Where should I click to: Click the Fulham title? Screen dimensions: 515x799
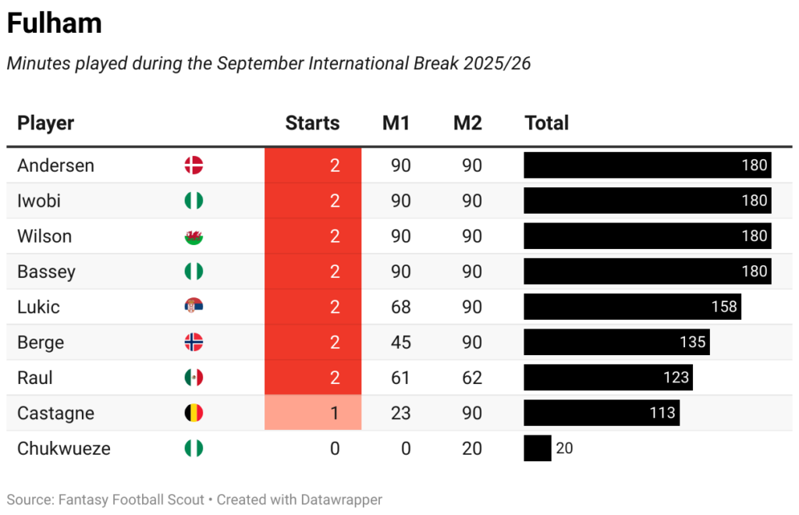pyautogui.click(x=54, y=23)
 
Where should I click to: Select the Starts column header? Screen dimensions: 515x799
pyautogui.click(x=312, y=123)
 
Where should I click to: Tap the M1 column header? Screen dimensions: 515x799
pyautogui.click(x=396, y=123)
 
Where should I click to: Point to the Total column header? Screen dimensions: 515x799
pyautogui.click(x=546, y=123)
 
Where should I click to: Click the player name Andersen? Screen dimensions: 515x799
pyautogui.click(x=55, y=165)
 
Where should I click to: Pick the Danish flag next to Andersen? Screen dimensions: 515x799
pyautogui.click(x=194, y=165)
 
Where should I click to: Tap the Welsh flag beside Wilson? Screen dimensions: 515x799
pyautogui.click(x=194, y=236)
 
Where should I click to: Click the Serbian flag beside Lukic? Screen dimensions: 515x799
pyautogui.click(x=194, y=307)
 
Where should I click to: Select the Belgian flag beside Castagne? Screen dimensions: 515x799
pyautogui.click(x=194, y=413)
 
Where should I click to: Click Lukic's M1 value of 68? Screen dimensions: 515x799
pyautogui.click(x=400, y=307)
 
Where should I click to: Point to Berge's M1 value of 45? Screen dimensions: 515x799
pyautogui.click(x=400, y=343)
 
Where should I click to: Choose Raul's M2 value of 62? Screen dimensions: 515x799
pyautogui.click(x=471, y=378)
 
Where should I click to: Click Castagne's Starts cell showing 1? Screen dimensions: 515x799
pyautogui.click(x=313, y=413)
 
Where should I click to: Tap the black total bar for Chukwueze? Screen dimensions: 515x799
pyautogui.click(x=537, y=449)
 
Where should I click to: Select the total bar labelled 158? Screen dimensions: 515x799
pyautogui.click(x=632, y=307)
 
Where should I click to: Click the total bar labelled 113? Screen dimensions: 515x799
pyautogui.click(x=601, y=413)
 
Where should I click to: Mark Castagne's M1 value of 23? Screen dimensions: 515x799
pyautogui.click(x=400, y=413)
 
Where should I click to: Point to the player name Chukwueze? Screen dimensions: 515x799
pyautogui.click(x=64, y=449)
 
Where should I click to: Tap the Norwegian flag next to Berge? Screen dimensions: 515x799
pyautogui.click(x=194, y=343)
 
